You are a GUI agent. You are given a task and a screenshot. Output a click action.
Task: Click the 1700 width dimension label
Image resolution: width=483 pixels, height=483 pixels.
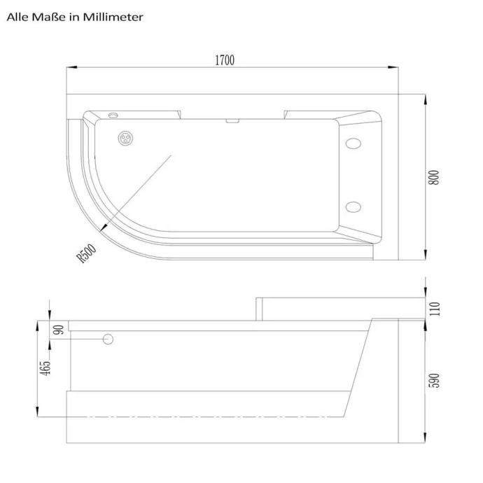click(x=225, y=60)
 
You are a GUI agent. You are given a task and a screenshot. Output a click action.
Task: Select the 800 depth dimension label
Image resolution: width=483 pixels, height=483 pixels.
click(x=434, y=177)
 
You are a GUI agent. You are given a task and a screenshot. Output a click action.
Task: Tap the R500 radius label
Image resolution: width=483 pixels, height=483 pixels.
click(x=86, y=253)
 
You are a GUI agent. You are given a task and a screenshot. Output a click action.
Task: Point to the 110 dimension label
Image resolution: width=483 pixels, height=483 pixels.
click(x=434, y=309)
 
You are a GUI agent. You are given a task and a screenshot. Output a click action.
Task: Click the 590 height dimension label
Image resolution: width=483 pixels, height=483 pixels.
click(x=434, y=380)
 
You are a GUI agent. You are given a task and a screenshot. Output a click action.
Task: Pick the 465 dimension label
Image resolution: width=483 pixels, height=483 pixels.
click(x=45, y=368)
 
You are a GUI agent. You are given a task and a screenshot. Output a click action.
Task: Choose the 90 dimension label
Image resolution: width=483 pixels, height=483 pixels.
click(x=59, y=330)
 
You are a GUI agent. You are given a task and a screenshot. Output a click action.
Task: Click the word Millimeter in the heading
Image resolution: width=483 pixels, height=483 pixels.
click(x=113, y=17)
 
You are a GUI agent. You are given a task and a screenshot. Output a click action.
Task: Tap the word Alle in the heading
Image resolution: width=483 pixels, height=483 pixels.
click(x=17, y=17)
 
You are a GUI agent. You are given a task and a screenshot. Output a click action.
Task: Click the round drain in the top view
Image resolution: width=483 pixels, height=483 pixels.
click(x=126, y=139)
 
